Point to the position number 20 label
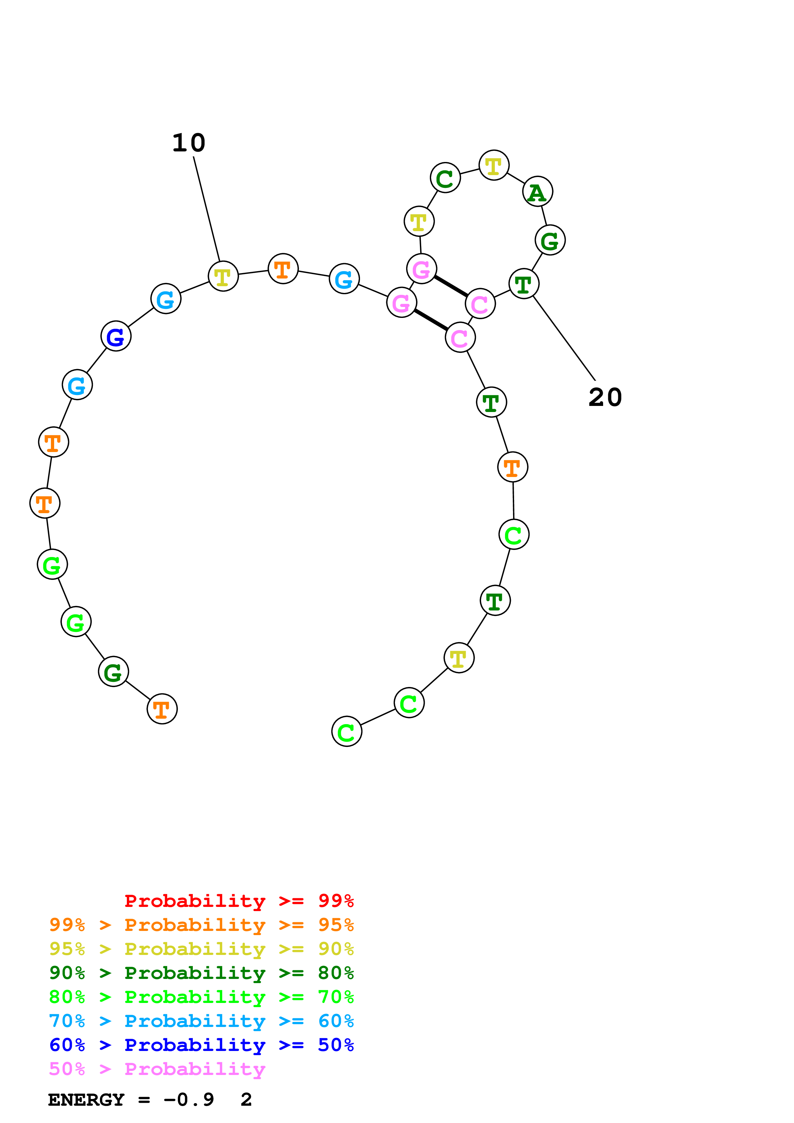[605, 397]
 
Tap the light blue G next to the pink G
[344, 279]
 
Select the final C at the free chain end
[346, 732]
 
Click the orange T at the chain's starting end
[162, 709]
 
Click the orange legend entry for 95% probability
[201, 925]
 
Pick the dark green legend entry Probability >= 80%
[201, 973]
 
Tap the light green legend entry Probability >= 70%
[201, 997]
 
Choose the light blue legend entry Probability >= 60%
[201, 1021]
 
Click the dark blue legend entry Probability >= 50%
[201, 1045]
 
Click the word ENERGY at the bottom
[86, 1100]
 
